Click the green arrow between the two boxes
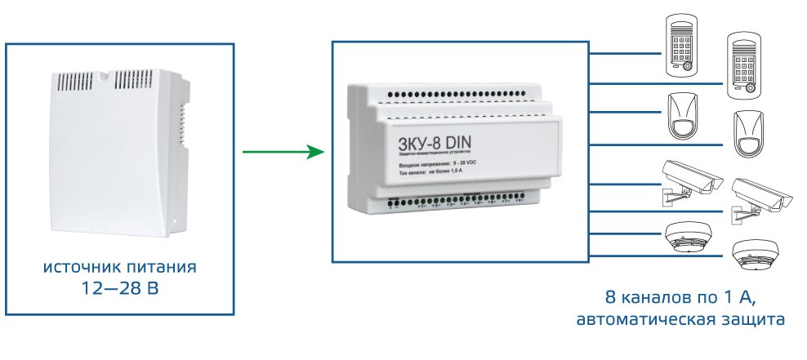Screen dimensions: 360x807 [x=278, y=152]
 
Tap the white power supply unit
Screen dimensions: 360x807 [x=118, y=155]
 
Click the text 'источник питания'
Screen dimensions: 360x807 [x=120, y=268]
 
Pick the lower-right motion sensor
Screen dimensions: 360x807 [x=748, y=134]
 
